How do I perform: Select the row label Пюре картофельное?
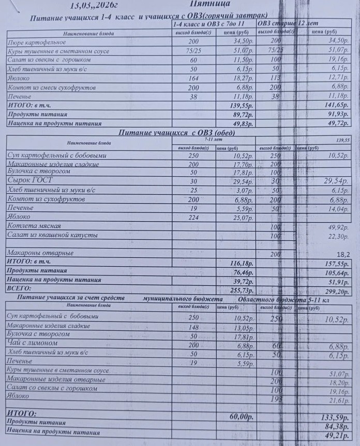pyautogui.click(x=35, y=42)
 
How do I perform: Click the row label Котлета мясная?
pyautogui.click(x=34, y=226)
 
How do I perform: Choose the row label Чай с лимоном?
pyautogui.click(x=32, y=343)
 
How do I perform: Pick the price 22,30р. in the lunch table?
pyautogui.click(x=338, y=236)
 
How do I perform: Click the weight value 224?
pyautogui.click(x=193, y=218)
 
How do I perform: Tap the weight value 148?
pyautogui.click(x=193, y=326)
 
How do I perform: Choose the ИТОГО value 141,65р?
pyautogui.click(x=336, y=105)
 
